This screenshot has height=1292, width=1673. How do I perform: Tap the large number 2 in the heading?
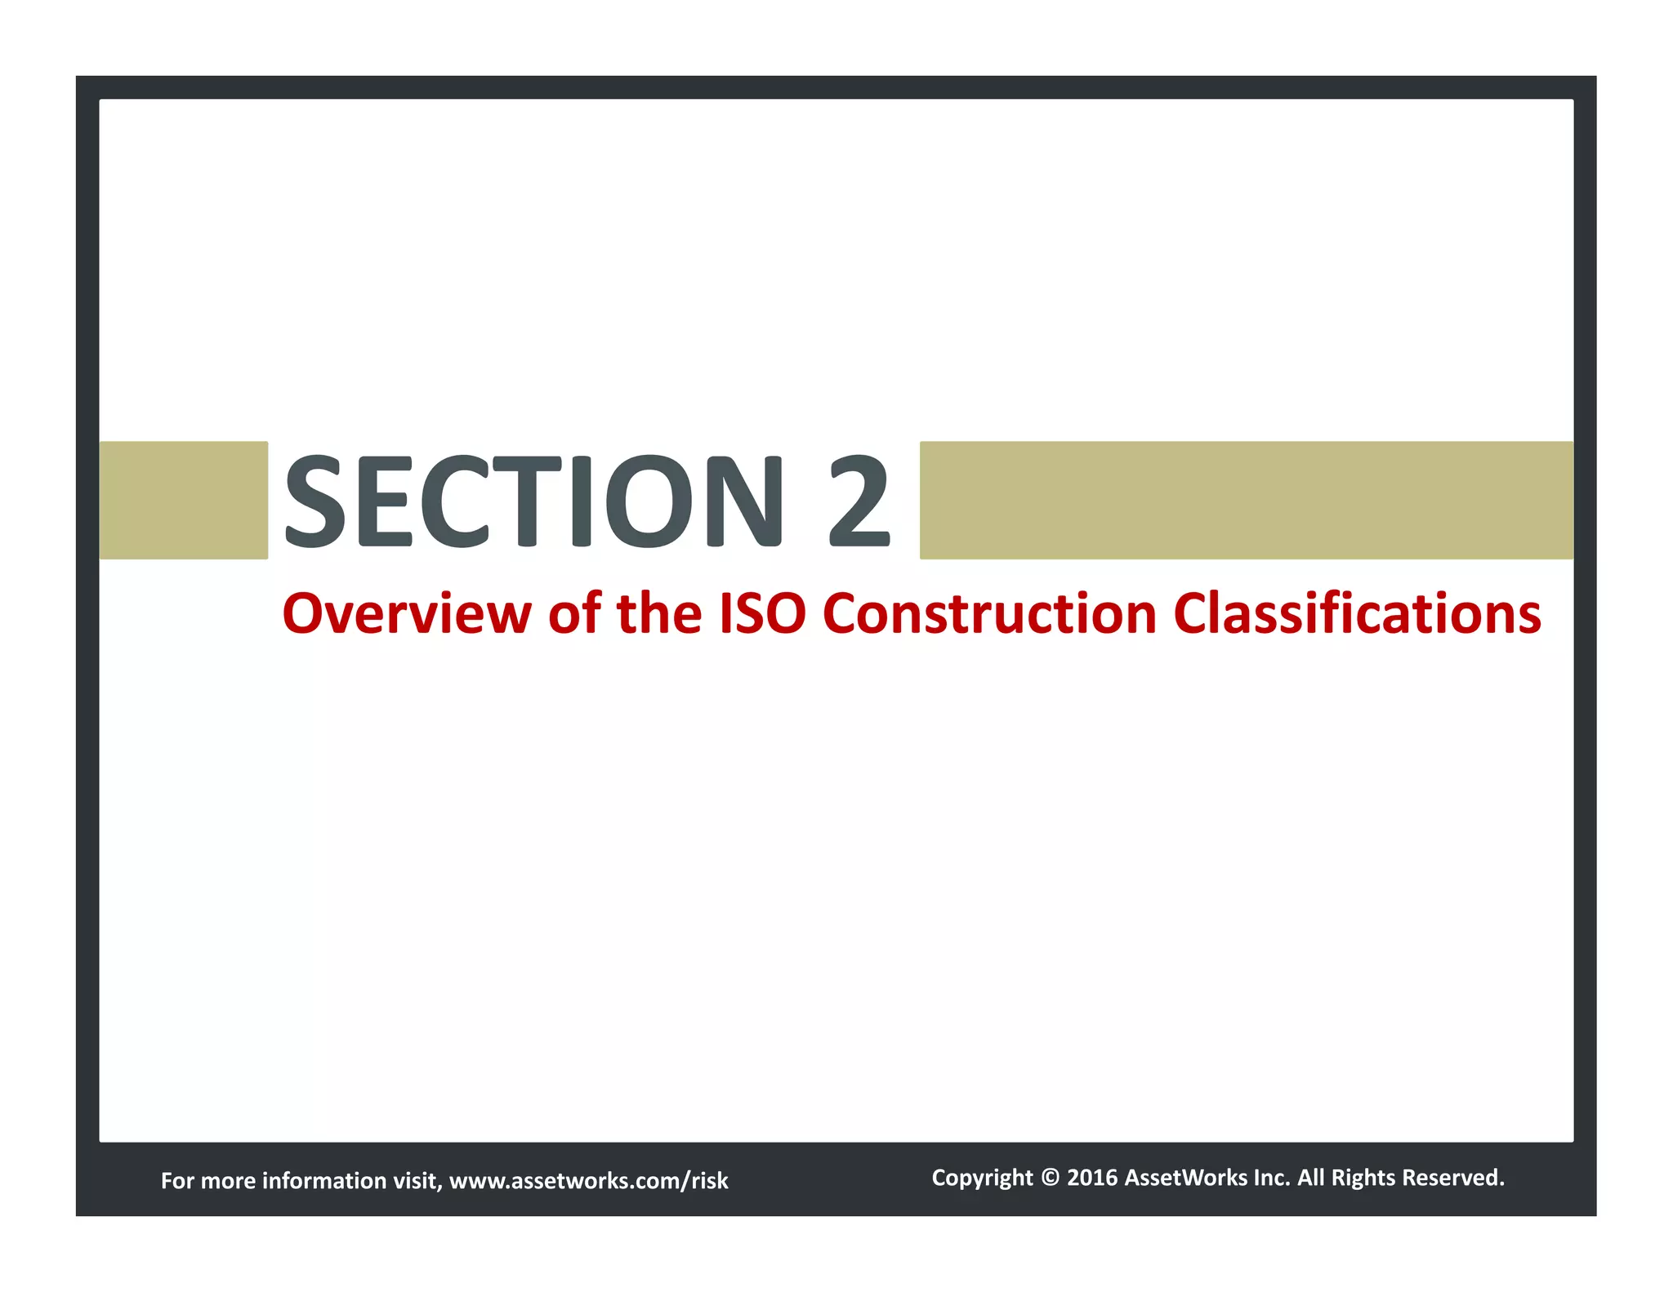click(x=859, y=501)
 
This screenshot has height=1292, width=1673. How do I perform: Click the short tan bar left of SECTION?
click(x=183, y=500)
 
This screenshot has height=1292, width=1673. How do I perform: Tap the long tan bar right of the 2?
click(x=1246, y=500)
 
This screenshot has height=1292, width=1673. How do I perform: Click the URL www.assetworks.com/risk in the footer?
click(x=588, y=1180)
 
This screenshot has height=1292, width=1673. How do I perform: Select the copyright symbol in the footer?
click(x=1051, y=1178)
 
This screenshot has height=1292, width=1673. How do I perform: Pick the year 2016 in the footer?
click(x=1092, y=1178)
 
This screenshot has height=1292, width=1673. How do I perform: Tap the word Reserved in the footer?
click(x=1453, y=1178)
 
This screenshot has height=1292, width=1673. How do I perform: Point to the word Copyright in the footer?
click(x=982, y=1178)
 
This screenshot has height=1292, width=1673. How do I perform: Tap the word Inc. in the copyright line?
click(x=1272, y=1178)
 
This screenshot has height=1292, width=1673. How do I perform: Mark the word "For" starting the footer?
click(x=177, y=1180)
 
